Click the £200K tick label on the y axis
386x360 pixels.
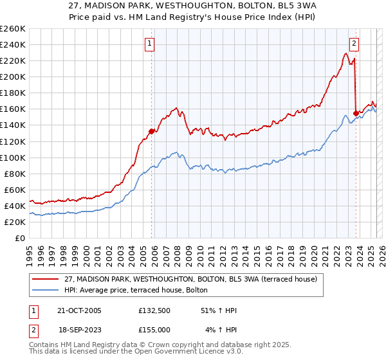click(13, 76)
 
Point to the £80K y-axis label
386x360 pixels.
click(15, 174)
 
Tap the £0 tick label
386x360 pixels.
click(21, 238)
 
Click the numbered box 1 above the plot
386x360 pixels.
click(149, 44)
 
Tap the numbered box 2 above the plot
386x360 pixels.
click(354, 44)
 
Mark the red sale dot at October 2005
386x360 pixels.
click(152, 131)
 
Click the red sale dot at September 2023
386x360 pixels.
click(356, 113)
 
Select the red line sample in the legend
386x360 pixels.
click(46, 279)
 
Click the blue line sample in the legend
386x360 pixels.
click(46, 290)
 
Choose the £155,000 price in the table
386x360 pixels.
click(154, 329)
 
